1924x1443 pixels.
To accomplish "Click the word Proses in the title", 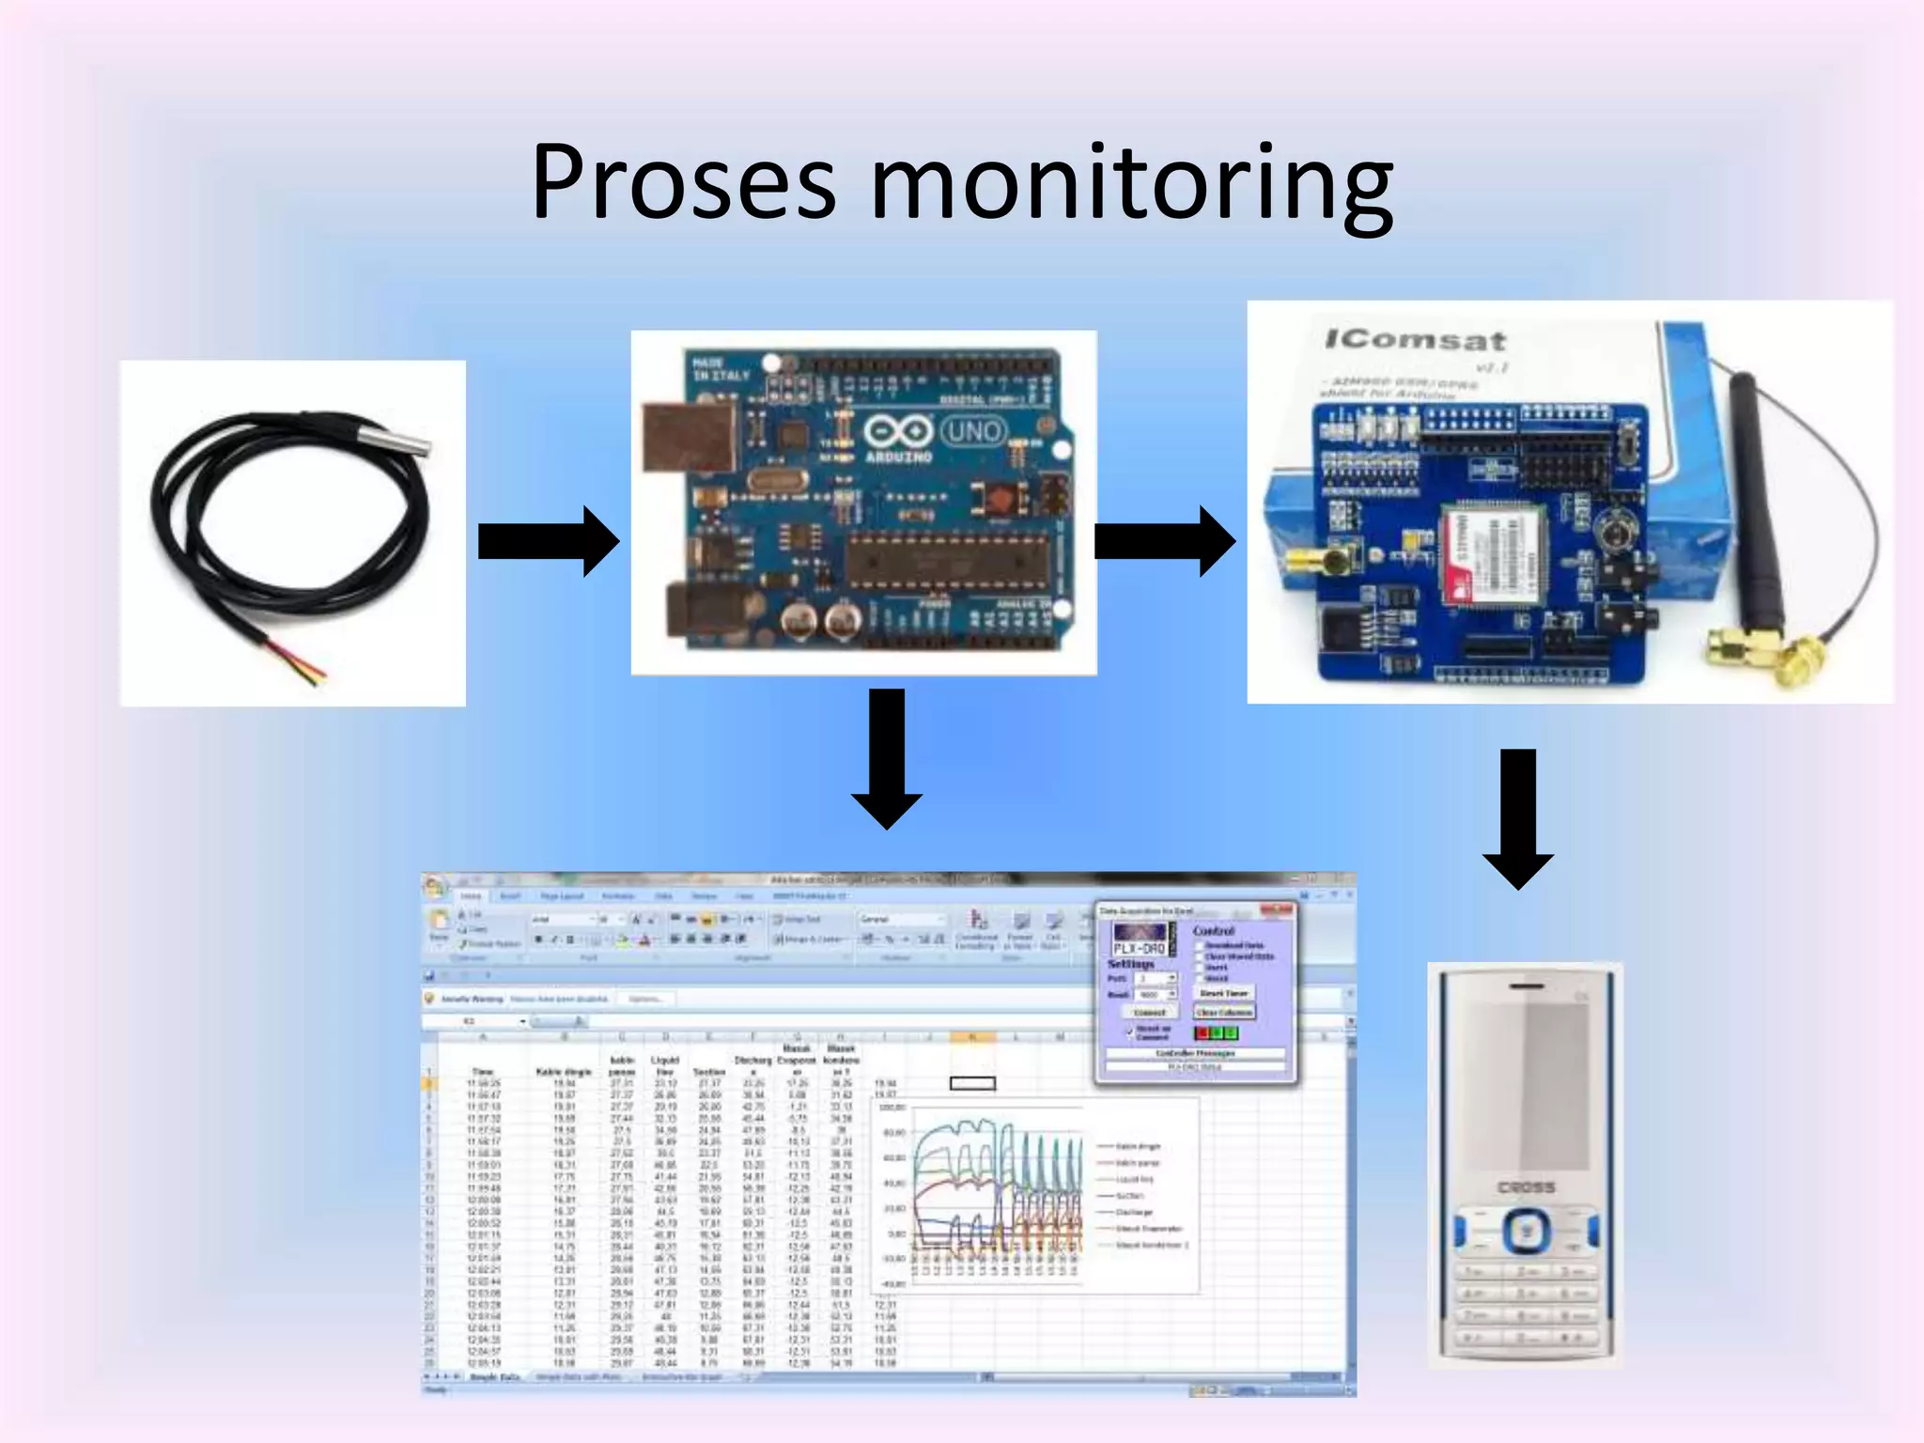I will coord(683,183).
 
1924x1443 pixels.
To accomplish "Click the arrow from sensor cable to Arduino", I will coord(548,541).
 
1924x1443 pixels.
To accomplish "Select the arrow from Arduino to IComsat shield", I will coord(1164,541).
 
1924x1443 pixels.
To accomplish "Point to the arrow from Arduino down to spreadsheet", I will coord(887,757).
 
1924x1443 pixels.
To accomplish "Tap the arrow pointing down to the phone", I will coord(1517,817).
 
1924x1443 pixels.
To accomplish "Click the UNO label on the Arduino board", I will coord(973,432).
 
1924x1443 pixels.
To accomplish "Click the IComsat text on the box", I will coord(1415,340).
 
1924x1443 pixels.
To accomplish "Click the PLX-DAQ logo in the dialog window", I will coord(1139,939).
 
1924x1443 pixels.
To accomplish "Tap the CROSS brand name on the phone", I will coord(1526,1187).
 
